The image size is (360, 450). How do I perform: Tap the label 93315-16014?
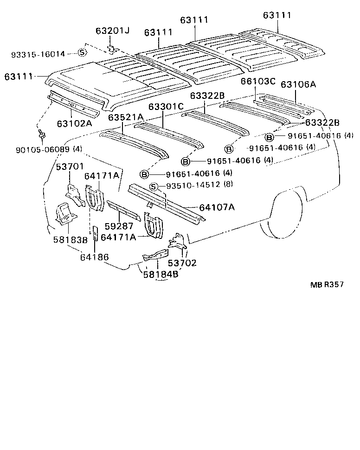38,54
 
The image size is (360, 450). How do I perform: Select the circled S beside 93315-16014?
82,52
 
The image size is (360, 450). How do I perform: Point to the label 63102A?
74,123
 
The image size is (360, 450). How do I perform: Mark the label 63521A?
126,117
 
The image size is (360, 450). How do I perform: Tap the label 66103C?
258,82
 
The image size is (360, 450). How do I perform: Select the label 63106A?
298,84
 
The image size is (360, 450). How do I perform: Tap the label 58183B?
69,240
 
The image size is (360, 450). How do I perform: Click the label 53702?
182,263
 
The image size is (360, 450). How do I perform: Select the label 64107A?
217,207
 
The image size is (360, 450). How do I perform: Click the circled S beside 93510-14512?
154,186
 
